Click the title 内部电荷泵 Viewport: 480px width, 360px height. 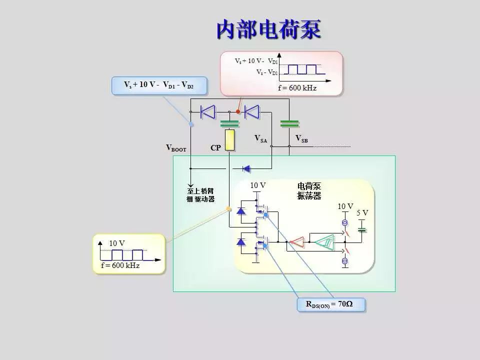[x=268, y=30]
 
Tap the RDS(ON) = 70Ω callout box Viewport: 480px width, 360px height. [x=329, y=304]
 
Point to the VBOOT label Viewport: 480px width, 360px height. [x=176, y=148]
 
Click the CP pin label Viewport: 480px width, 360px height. [x=215, y=148]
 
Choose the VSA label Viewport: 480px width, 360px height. [x=260, y=138]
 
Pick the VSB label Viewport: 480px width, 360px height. [x=301, y=138]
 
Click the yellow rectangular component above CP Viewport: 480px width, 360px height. [x=229, y=140]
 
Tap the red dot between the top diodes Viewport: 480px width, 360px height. [x=238, y=112]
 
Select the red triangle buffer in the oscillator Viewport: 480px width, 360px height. [x=297, y=242]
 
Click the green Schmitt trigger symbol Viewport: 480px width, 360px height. [x=325, y=242]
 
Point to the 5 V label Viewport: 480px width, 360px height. [x=362, y=213]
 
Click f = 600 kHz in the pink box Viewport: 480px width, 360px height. [x=297, y=88]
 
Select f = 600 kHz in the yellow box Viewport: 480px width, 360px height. [x=120, y=265]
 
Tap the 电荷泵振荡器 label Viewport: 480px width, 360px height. [x=309, y=191]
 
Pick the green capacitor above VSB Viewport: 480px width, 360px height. [x=289, y=123]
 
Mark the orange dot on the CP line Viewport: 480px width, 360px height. [x=229, y=209]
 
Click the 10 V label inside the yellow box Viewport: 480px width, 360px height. [x=117, y=243]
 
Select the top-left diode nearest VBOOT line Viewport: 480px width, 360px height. [x=207, y=112]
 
